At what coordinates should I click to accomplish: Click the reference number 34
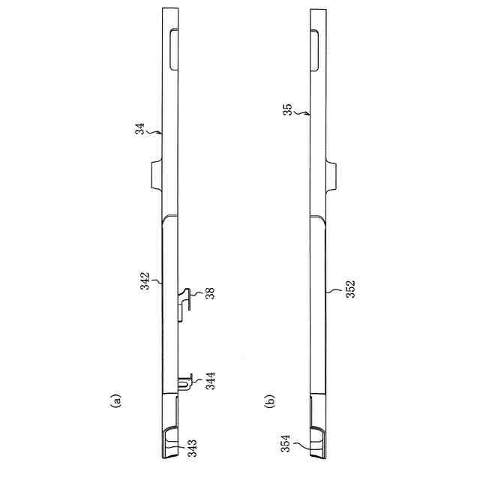tap(140, 128)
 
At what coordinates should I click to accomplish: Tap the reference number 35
tap(287, 109)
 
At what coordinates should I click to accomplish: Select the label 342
tap(145, 280)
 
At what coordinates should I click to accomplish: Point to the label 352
tap(350, 289)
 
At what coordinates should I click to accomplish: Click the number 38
tap(210, 293)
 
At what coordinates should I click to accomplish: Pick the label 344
tap(210, 380)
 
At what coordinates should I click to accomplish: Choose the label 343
tap(192, 448)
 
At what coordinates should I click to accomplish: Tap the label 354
tap(286, 443)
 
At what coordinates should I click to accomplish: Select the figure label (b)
tap(270, 400)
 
